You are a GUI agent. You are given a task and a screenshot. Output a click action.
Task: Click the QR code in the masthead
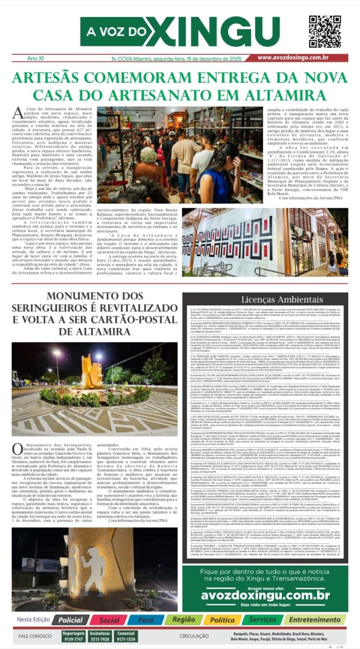coord(324,31)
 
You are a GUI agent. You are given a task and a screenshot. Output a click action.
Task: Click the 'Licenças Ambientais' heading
coord(265,300)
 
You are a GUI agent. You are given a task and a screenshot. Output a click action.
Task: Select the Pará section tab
coord(146,620)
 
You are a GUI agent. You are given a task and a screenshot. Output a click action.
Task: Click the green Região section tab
coord(183,620)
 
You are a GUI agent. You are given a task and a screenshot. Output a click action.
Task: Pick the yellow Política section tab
coord(222,620)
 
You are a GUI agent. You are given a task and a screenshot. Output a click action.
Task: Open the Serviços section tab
coord(262,620)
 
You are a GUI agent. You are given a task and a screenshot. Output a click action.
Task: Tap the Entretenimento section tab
coord(314,620)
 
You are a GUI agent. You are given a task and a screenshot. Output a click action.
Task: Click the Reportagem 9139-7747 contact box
coord(73,636)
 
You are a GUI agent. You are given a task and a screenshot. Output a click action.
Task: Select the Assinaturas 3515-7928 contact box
coord(100,636)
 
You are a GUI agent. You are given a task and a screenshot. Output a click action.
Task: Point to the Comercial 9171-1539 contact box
coord(126,636)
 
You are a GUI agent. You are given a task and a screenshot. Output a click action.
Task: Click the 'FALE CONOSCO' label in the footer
coord(35,636)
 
